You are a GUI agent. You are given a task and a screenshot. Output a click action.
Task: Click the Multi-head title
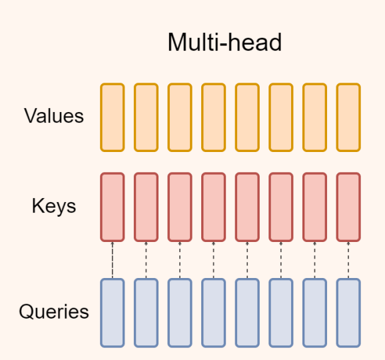[x=224, y=43]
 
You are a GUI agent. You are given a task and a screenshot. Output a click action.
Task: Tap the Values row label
[x=54, y=116]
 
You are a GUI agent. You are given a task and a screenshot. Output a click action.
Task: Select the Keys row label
[x=54, y=207]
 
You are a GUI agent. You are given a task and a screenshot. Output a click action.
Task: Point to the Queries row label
[x=54, y=311]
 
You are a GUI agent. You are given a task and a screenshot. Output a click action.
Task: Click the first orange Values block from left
[x=113, y=117]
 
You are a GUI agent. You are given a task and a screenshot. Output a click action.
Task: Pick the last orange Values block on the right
[x=348, y=117]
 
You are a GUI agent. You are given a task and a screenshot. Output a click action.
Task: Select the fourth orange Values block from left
[x=214, y=117]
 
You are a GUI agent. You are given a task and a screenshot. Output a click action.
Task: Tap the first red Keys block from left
[x=113, y=207]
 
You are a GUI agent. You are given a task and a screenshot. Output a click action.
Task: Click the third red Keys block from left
[x=180, y=207]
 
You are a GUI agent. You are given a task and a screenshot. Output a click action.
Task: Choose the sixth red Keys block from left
[x=281, y=207]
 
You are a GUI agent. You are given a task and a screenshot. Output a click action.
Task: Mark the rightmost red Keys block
[x=348, y=207]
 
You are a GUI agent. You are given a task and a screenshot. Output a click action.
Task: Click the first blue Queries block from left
[x=113, y=313]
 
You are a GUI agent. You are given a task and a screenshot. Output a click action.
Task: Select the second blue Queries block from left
[x=146, y=313]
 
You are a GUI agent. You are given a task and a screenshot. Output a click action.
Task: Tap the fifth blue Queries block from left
[x=247, y=313]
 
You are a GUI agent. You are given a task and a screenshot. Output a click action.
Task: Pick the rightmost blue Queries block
[x=348, y=313]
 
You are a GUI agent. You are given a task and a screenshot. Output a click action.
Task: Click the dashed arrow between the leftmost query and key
[x=113, y=260]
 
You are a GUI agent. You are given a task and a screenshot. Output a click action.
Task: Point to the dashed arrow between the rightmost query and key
[x=348, y=260]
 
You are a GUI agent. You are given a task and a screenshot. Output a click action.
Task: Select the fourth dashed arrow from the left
[x=214, y=260]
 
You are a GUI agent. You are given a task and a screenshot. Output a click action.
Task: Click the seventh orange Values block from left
[x=315, y=117]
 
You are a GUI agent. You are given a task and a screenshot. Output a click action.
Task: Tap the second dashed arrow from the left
[x=146, y=260]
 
